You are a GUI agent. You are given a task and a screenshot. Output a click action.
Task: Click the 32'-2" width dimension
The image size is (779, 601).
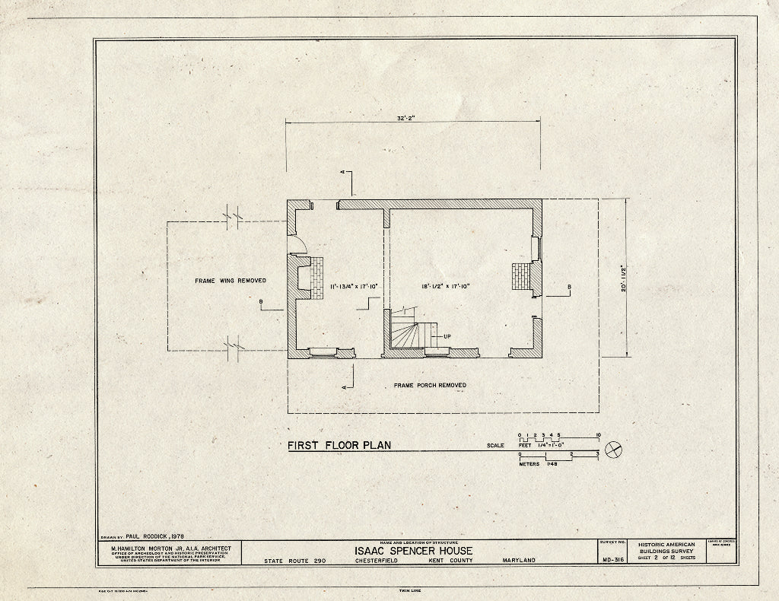[415, 119]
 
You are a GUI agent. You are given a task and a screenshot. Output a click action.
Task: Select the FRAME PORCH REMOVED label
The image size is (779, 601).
[430, 386]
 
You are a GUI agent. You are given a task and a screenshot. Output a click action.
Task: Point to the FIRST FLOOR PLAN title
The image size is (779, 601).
[339, 445]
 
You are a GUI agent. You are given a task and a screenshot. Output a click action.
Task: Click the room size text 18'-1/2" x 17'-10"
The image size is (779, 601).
[447, 286]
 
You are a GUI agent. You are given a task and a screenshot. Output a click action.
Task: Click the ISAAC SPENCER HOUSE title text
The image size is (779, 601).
[412, 551]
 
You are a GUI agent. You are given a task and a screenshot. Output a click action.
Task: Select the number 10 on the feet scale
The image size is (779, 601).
[599, 434]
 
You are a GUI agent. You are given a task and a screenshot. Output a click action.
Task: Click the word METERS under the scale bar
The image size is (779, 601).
[529, 463]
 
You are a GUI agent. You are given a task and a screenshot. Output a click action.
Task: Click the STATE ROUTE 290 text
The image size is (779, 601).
[295, 561]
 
